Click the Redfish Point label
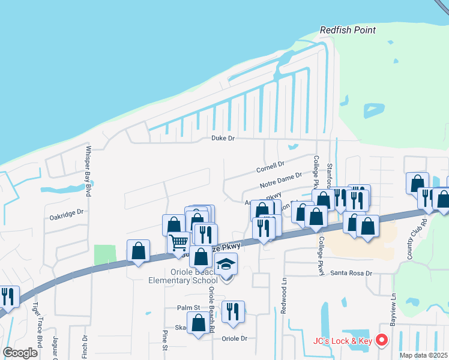pos(348,30)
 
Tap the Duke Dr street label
pos(222,138)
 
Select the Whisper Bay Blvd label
pos(88,171)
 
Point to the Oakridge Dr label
pos(66,212)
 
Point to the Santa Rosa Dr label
pos(352,273)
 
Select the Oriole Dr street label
pos(235,338)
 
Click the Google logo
pos(20,352)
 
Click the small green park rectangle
pos(106,254)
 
